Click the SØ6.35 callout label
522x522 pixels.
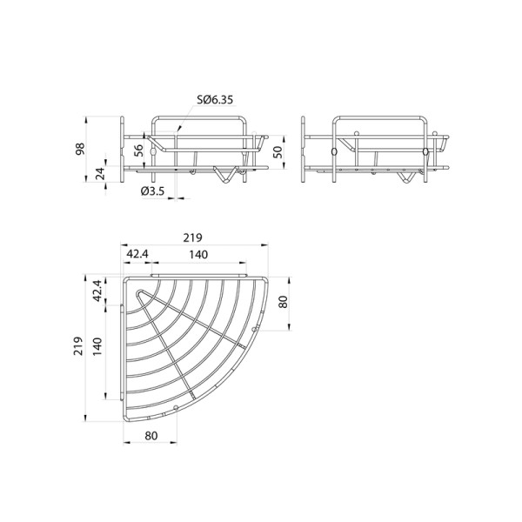(x=215, y=99)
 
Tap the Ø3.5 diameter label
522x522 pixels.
(x=152, y=191)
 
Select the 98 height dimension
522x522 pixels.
(x=80, y=149)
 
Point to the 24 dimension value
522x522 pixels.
(x=100, y=173)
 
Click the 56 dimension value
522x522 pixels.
(x=138, y=151)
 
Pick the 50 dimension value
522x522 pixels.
(x=278, y=151)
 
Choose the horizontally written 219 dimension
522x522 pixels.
(x=193, y=238)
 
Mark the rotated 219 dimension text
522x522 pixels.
(x=78, y=346)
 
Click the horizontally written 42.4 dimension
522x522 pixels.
(x=137, y=254)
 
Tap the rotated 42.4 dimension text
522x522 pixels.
(x=97, y=291)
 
